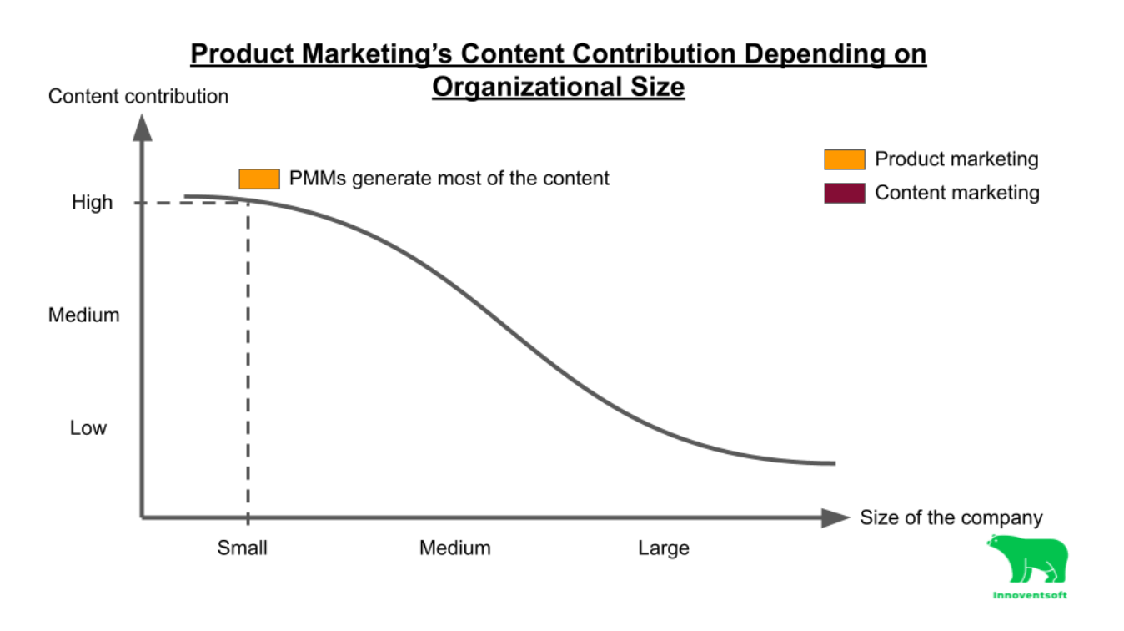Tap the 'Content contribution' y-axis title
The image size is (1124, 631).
[x=138, y=97]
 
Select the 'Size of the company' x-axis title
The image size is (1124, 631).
[x=951, y=517]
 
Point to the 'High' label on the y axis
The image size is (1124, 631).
[x=92, y=203]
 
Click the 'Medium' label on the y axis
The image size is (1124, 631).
[x=83, y=315]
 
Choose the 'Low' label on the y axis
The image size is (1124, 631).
[x=88, y=428]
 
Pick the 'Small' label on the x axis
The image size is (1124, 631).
[x=243, y=548]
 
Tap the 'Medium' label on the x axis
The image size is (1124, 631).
[x=454, y=548]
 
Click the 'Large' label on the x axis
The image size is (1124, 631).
[x=664, y=548]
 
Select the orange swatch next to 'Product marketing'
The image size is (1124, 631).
[x=844, y=159]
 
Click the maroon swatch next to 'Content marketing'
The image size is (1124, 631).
[x=844, y=194]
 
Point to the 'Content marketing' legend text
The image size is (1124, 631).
[x=956, y=194]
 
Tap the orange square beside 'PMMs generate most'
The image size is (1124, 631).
[x=258, y=179]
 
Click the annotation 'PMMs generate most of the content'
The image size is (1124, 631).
[x=449, y=179]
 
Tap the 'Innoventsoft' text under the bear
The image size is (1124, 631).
[x=1030, y=596]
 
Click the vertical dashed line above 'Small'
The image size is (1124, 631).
[x=248, y=359]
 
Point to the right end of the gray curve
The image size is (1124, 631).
[x=831, y=463]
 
